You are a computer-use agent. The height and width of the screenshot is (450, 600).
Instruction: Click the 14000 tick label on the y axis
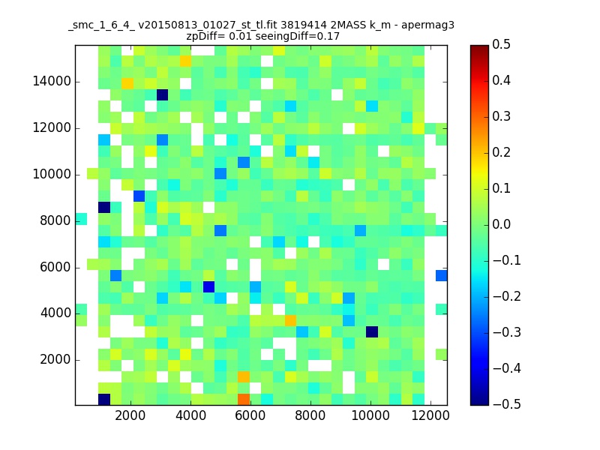click(x=52, y=82)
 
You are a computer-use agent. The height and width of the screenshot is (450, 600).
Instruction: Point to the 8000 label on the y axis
click(x=55, y=220)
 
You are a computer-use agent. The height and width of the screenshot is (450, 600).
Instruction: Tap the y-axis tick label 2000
click(x=55, y=360)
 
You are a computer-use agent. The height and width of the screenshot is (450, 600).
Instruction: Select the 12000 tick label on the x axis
click(x=430, y=415)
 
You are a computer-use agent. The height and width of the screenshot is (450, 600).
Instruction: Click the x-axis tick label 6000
click(x=250, y=415)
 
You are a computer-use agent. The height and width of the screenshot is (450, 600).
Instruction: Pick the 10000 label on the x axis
click(x=370, y=415)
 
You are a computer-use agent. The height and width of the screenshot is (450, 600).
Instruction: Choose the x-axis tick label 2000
click(x=130, y=415)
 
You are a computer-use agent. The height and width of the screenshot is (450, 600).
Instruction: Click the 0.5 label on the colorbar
click(x=501, y=44)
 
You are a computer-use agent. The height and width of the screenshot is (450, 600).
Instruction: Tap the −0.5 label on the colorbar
click(x=507, y=404)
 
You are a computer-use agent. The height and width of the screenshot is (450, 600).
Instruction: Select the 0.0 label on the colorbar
click(x=501, y=224)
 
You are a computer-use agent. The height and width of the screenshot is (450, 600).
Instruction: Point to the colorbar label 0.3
click(x=501, y=116)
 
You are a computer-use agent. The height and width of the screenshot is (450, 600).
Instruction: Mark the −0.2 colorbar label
click(x=507, y=296)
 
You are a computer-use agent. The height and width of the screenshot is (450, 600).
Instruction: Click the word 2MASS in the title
click(x=348, y=25)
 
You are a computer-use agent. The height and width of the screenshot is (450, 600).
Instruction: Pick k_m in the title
click(x=380, y=25)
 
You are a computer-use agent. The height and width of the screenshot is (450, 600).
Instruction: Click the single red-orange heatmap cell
click(x=244, y=400)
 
